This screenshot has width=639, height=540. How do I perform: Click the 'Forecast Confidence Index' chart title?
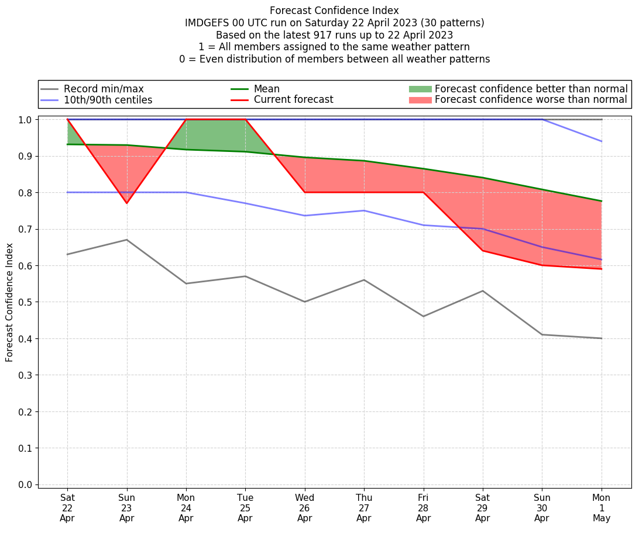pos(334,11)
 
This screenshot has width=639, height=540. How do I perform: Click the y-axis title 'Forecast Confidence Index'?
pos(9,302)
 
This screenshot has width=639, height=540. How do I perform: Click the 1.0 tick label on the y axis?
pos(26,120)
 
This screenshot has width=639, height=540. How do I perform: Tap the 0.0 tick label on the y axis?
pos(26,485)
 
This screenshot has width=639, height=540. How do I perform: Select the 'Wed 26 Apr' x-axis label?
pos(304,508)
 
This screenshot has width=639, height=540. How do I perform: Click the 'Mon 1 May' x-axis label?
pos(601,508)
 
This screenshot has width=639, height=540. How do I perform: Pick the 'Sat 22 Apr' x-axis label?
pos(67,508)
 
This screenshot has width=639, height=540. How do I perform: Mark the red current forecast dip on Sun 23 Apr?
pos(126,203)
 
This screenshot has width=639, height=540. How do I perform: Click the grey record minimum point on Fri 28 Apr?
pos(423,316)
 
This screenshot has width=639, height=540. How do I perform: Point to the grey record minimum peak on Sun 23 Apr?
pos(126,240)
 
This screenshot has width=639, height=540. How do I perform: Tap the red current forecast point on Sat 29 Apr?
pos(483,251)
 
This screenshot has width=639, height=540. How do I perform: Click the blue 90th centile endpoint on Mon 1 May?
pos(601,141)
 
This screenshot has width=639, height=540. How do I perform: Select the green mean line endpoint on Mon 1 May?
pos(601,201)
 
